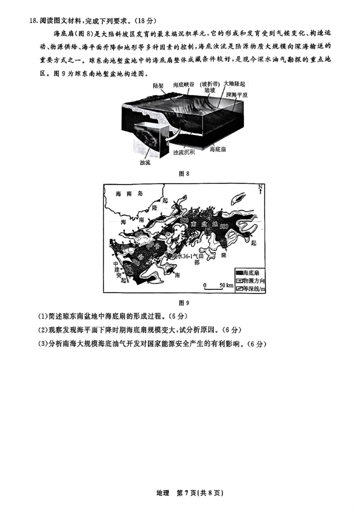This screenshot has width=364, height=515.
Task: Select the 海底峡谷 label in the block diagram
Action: (x=184, y=85)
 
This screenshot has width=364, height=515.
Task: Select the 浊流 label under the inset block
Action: (x=145, y=162)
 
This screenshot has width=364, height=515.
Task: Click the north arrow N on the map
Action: (x=260, y=189)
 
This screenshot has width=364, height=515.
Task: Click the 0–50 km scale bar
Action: (x=218, y=286)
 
